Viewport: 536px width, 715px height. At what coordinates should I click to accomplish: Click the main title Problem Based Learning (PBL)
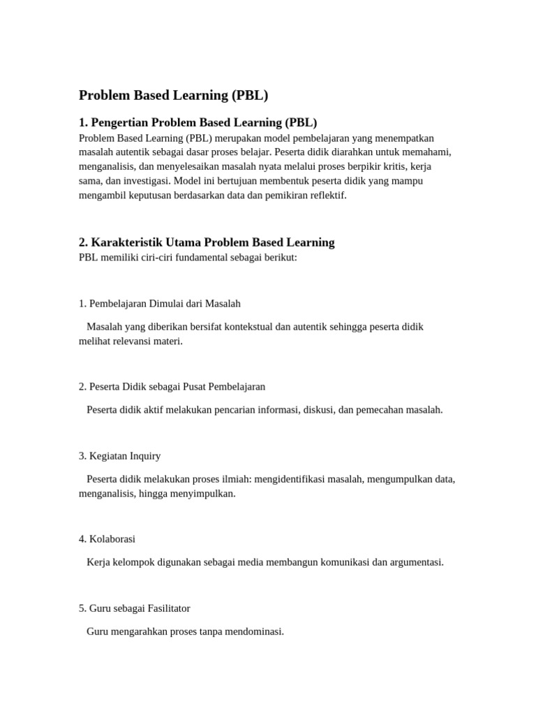click(x=173, y=96)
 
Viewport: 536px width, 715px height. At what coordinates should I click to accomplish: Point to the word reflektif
click(x=325, y=196)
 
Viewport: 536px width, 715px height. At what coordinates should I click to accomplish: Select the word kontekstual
click(x=245, y=327)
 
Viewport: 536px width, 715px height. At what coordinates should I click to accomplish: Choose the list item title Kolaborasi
click(x=112, y=539)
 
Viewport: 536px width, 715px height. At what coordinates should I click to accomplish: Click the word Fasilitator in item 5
click(x=165, y=608)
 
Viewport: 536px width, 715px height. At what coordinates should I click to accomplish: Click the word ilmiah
click(x=236, y=479)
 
